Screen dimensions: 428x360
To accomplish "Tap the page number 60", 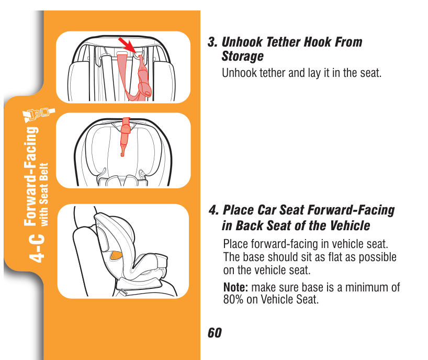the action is (215, 333).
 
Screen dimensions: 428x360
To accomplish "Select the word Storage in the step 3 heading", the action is (242, 57).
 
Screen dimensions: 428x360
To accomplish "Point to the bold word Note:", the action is (235, 287).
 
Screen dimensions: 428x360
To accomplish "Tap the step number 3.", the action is (212, 42).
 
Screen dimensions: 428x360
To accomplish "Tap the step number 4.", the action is (213, 210).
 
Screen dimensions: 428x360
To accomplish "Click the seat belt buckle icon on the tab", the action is (39, 115).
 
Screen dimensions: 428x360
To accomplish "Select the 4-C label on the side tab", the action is (37, 248).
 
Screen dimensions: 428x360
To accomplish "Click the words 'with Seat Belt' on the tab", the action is (44, 195).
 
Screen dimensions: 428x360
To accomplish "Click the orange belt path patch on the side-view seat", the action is (116, 255).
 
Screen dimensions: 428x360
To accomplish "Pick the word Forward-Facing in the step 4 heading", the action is (351, 210).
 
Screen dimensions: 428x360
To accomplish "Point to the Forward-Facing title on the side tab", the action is (30, 176).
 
